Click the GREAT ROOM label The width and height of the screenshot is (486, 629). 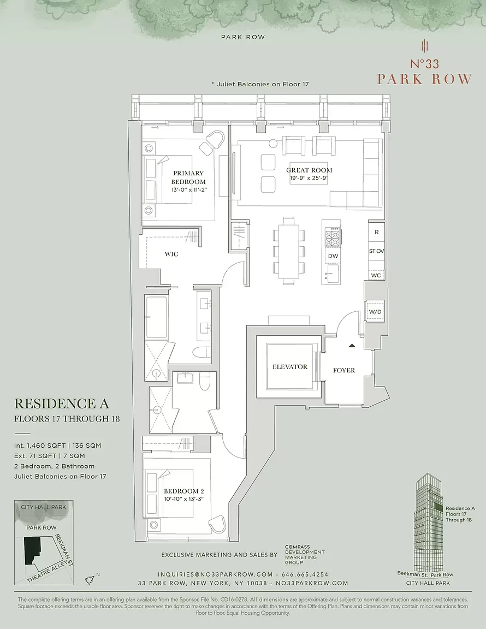click(309, 170)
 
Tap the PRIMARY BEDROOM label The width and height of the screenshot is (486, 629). click(188, 177)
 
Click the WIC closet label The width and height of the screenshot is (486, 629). click(171, 254)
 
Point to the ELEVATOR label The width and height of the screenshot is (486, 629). click(290, 367)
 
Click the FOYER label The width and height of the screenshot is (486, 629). click(344, 370)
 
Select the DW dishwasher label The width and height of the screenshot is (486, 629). click(333, 256)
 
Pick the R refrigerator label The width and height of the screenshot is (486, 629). click(376, 232)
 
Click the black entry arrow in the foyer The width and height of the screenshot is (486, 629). click(352, 346)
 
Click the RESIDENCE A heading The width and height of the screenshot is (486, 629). click(61, 403)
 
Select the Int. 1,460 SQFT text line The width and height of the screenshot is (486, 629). click(57, 446)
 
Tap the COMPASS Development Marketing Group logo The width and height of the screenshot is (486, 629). click(305, 555)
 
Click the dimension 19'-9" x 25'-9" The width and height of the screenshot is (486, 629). click(310, 179)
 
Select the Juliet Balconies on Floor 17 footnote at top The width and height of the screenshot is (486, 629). click(260, 84)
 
